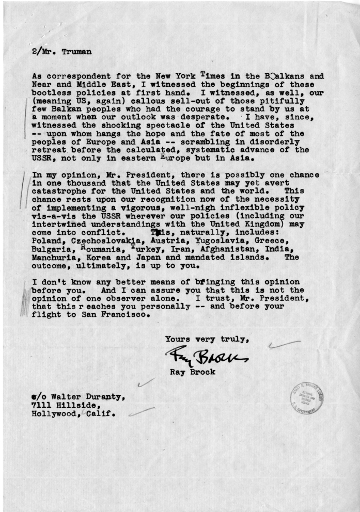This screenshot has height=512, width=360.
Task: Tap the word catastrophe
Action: (57, 189)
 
